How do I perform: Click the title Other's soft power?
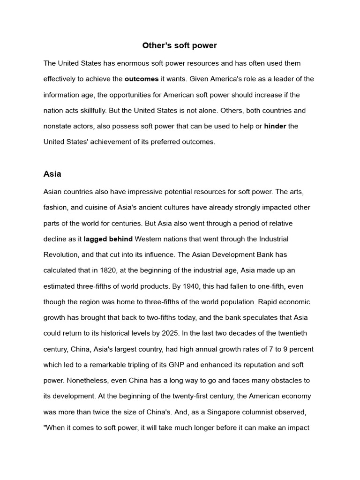pyautogui.click(x=180, y=45)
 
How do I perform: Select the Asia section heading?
pyautogui.click(x=52, y=174)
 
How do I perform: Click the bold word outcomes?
pyautogui.click(x=142, y=79)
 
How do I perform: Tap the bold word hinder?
pyautogui.click(x=275, y=126)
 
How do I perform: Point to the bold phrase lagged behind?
pyautogui.click(x=108, y=239)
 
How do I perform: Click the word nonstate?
pyautogui.click(x=58, y=126)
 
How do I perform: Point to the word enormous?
pyautogui.click(x=129, y=63)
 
